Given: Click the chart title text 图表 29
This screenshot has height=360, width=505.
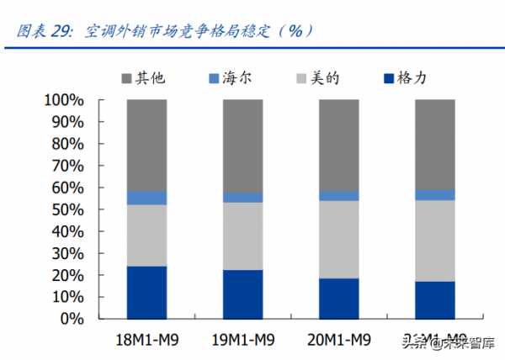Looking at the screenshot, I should point(44,31).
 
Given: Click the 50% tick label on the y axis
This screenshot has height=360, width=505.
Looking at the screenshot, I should point(66,209).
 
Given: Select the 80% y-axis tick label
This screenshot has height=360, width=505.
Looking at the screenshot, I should point(66,144).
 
